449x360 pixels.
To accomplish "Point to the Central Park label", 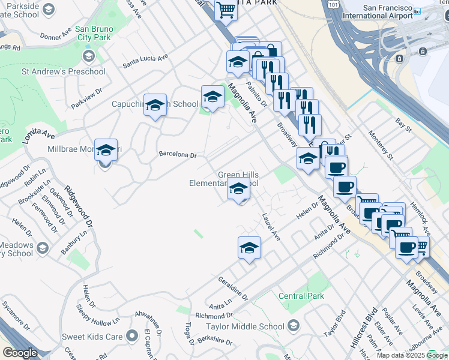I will [x=301, y=296].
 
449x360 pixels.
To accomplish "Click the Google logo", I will [x=20, y=353].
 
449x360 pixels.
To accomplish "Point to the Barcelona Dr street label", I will [x=178, y=155].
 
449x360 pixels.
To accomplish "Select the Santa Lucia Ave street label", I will [x=145, y=61].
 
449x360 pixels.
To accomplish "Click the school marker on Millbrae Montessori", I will [x=106, y=150].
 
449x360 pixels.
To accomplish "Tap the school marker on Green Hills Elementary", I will [x=239, y=189].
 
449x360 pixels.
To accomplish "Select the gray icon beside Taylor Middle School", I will [x=294, y=326].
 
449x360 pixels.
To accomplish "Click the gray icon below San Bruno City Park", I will [x=89, y=56].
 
